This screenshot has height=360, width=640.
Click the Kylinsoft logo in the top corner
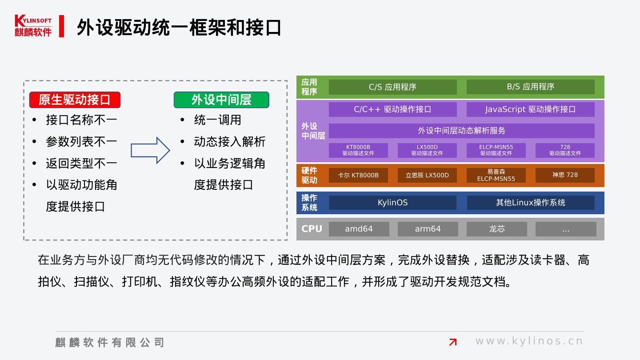point(33,26)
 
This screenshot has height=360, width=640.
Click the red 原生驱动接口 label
point(75,100)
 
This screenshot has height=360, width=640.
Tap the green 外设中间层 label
point(221,100)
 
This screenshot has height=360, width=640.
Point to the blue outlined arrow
point(150,150)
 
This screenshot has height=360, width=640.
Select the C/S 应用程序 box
point(392,87)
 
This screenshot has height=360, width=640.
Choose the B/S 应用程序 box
point(530,87)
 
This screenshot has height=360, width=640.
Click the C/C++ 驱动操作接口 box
point(392,109)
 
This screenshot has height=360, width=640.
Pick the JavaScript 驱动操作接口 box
point(530,109)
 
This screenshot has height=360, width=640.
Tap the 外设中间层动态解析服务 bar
point(461,131)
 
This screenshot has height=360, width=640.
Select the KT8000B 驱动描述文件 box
point(358,150)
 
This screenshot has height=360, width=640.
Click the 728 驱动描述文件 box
point(565,150)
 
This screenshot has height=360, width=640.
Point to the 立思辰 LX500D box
point(427,175)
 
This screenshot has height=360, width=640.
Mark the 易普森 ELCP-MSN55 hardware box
point(496,175)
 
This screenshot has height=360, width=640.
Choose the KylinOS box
point(392,203)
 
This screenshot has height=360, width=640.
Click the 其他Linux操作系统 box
point(530,203)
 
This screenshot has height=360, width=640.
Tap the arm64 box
point(428,229)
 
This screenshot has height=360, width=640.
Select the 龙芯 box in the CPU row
point(496,229)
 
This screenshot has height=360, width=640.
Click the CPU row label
point(312,229)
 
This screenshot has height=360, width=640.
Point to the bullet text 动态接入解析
point(229,142)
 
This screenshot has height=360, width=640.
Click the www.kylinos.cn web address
point(529,341)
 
